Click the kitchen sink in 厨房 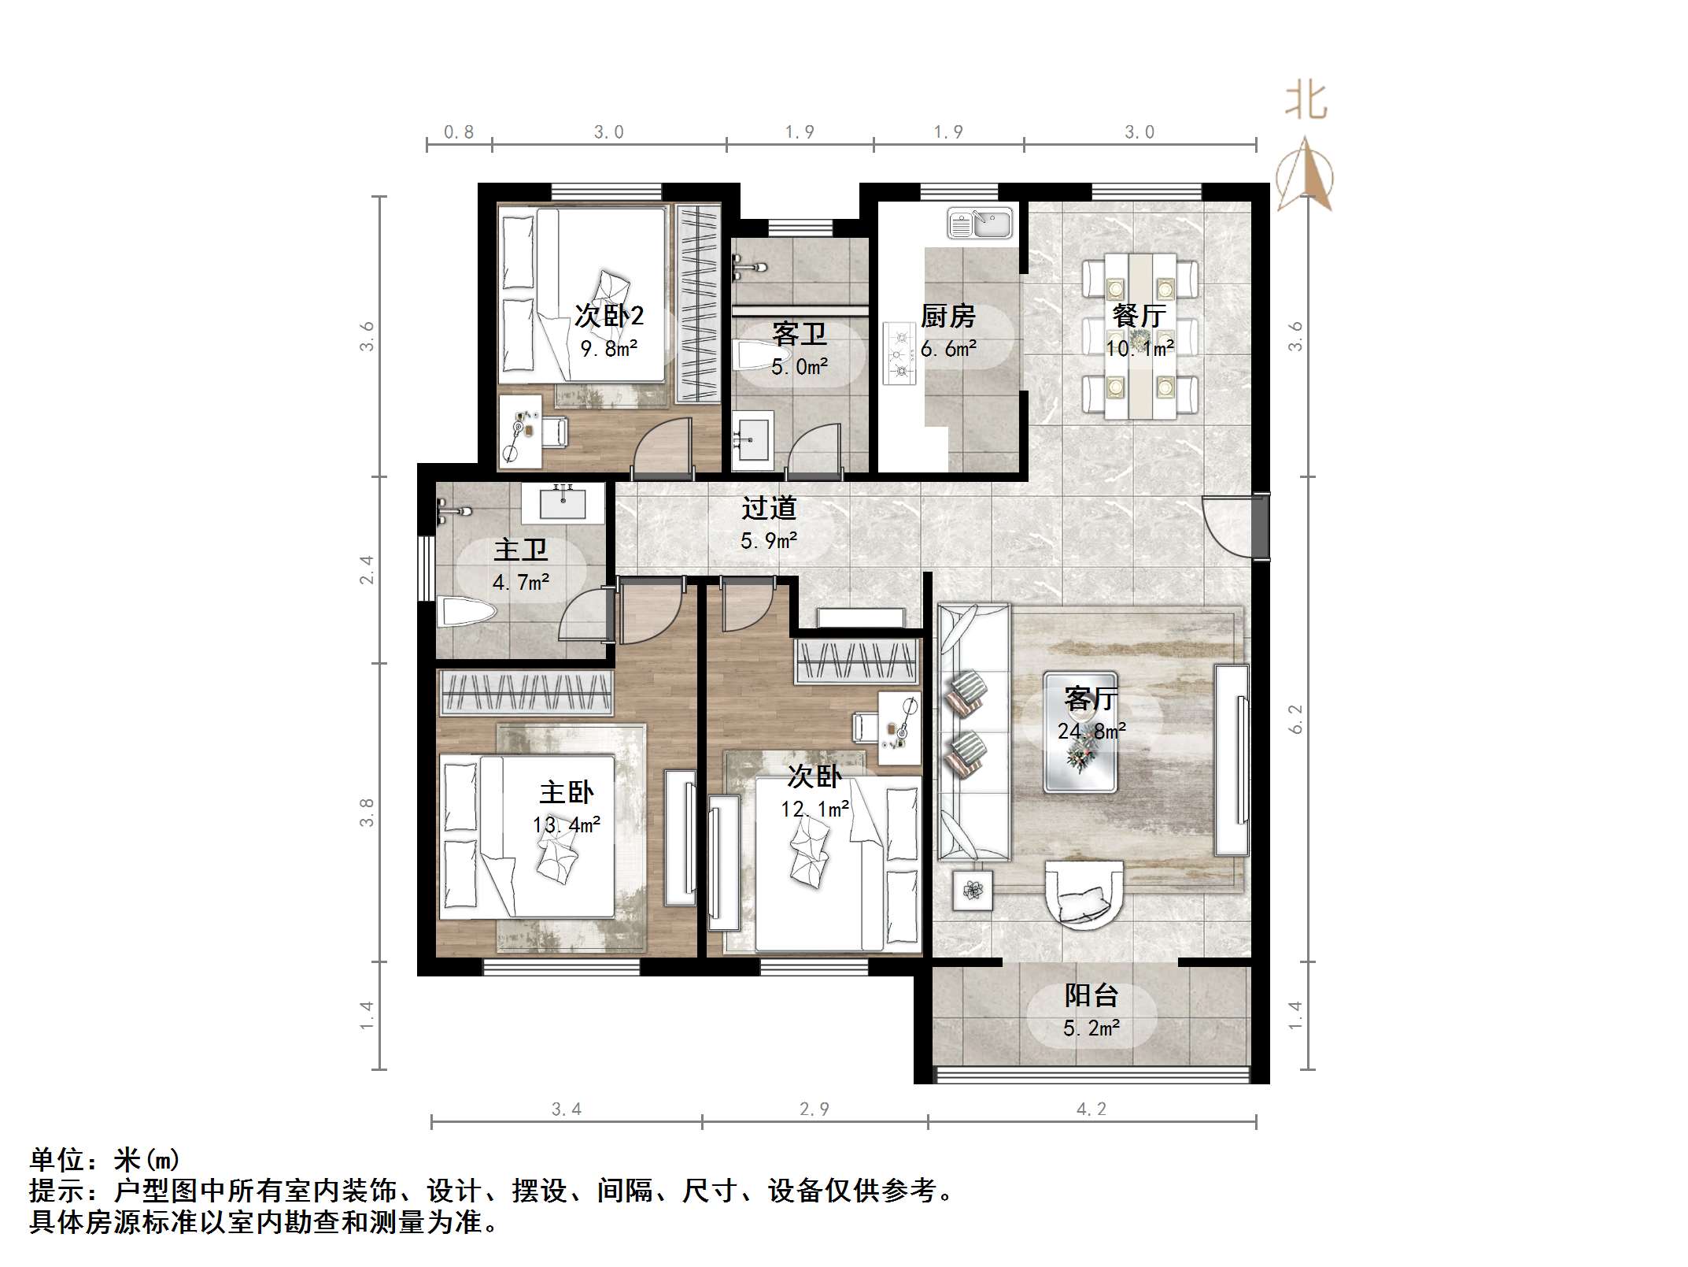coord(980,223)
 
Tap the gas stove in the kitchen coord(899,354)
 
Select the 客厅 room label coord(1091,698)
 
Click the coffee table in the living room coord(1080,732)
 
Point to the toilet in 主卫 coord(467,612)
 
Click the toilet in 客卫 coord(751,356)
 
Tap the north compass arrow coord(1304,177)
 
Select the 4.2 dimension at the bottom coord(1091,1109)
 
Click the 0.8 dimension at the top coord(459,132)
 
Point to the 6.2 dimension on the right coord(1295,719)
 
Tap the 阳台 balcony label coord(1091,995)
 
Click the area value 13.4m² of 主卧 coord(566,825)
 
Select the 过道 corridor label coord(769,509)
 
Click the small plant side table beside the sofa coord(973,891)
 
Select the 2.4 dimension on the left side coord(366,569)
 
